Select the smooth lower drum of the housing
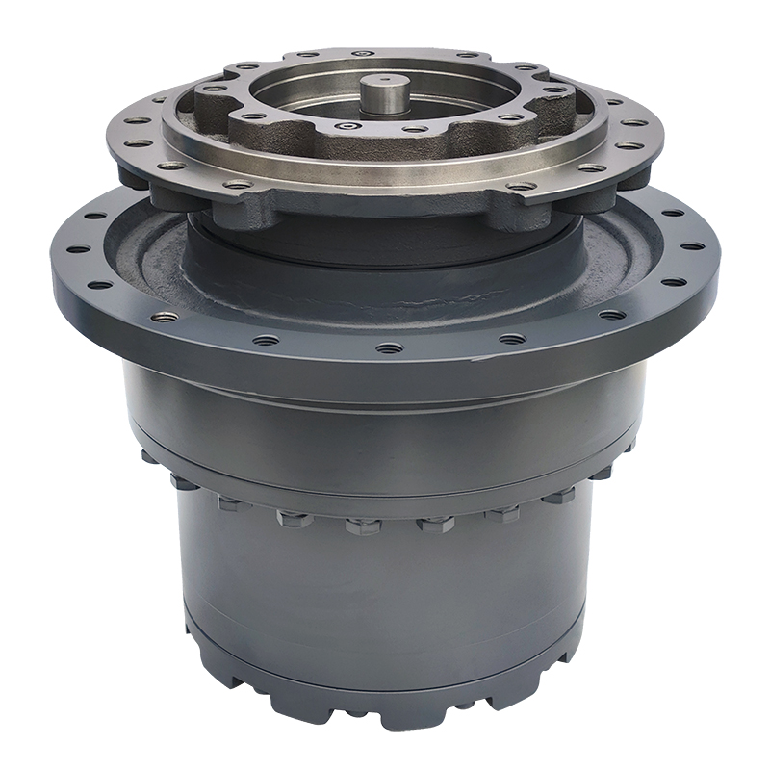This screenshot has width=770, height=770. (385, 597)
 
